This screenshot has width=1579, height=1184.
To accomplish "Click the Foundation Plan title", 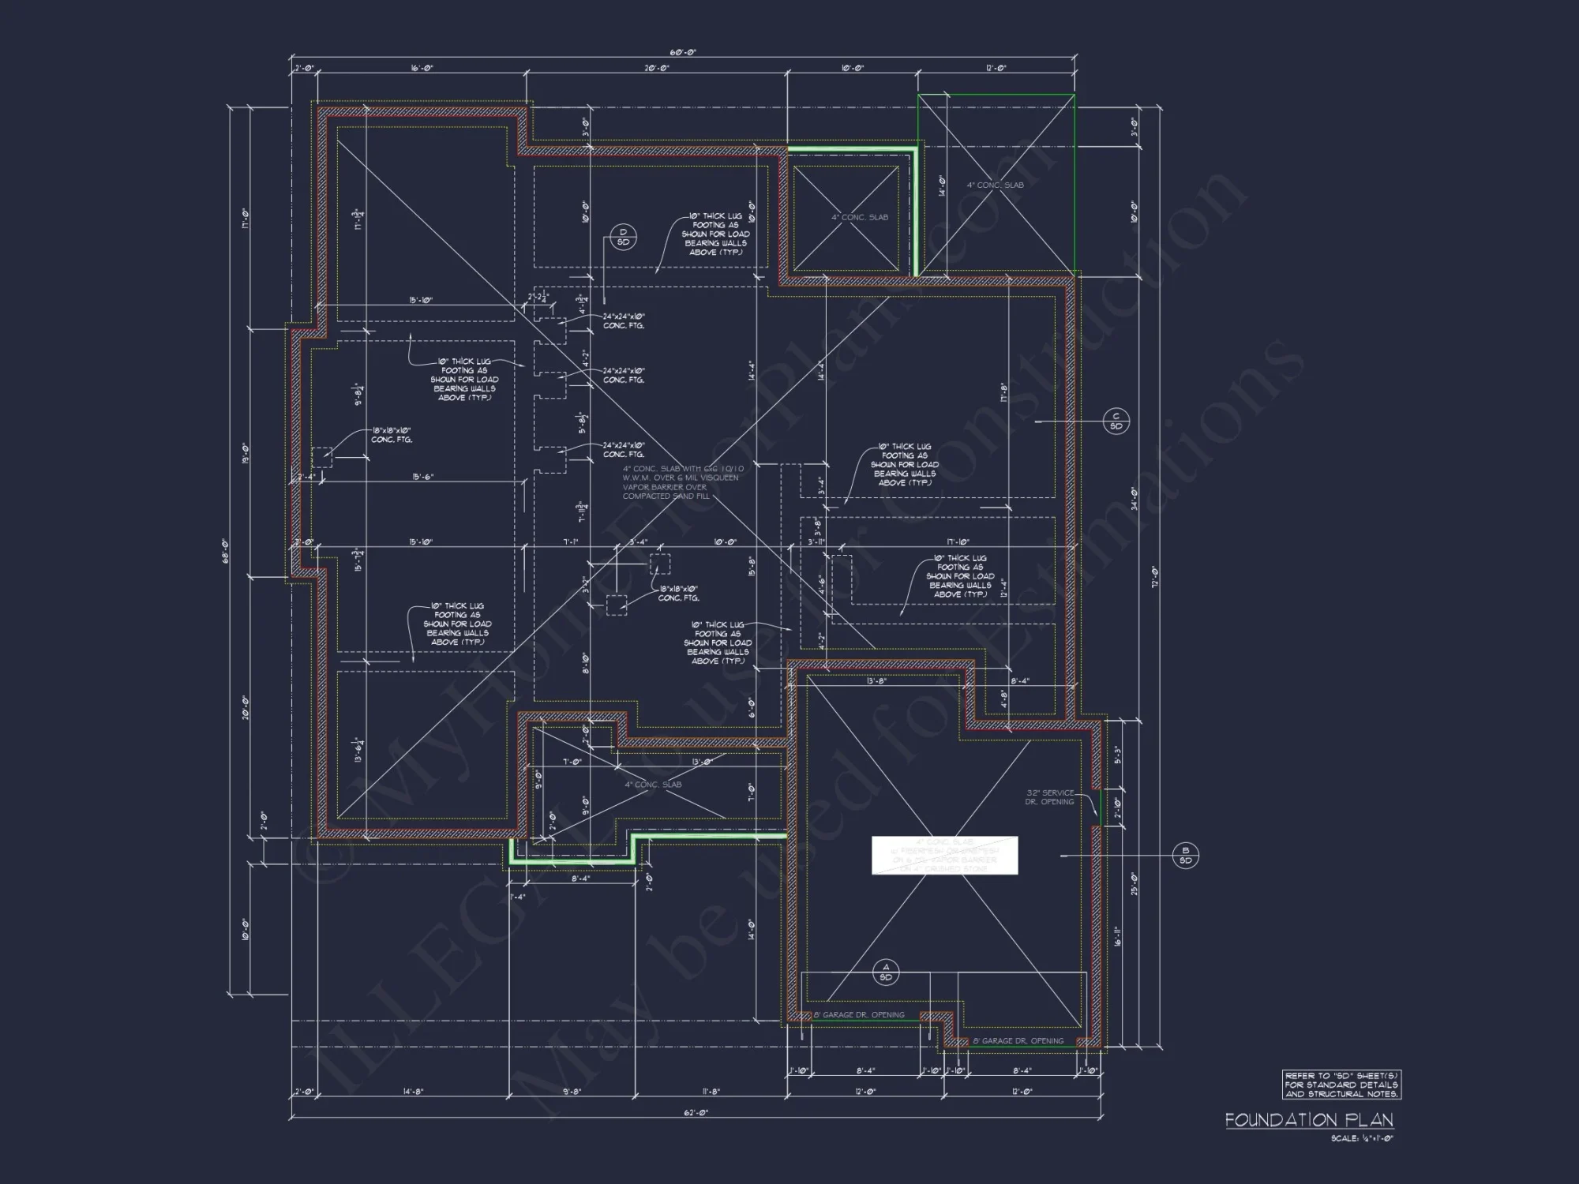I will (1309, 1119).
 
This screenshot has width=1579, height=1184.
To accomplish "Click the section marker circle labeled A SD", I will (885, 972).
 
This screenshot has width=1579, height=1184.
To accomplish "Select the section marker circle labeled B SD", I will (1185, 856).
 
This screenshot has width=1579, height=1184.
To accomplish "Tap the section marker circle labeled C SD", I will (1116, 422).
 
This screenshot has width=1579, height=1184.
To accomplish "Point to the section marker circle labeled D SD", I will (623, 237).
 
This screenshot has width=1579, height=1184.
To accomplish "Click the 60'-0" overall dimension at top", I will (683, 52).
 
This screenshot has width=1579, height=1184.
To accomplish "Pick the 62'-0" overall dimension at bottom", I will (696, 1112).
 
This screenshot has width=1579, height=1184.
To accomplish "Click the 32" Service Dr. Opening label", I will (1049, 797).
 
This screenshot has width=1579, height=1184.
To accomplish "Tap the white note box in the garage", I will (944, 856).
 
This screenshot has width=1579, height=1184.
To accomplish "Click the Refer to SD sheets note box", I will (1341, 1085).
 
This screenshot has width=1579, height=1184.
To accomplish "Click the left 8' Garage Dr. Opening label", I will (859, 1015).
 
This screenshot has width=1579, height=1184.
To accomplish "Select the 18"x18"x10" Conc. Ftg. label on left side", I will (392, 435).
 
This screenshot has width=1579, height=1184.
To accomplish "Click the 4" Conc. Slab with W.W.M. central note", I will (682, 482).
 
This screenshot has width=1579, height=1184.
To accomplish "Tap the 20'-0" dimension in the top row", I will (656, 69).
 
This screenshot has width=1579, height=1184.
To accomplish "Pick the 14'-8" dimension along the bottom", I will (412, 1092).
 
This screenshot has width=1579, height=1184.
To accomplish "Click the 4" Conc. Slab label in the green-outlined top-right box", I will (995, 185).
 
